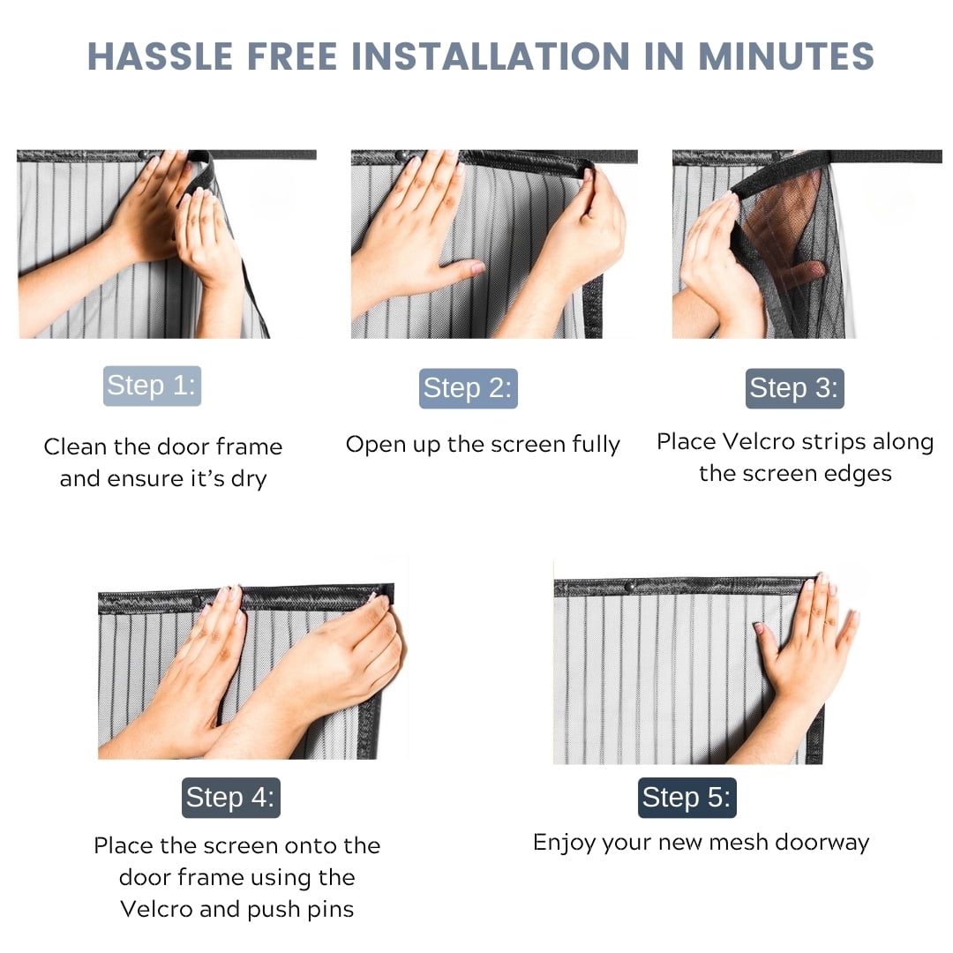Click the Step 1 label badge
pyautogui.click(x=152, y=386)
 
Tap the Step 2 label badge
pyautogui.click(x=468, y=388)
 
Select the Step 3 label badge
pyautogui.click(x=794, y=388)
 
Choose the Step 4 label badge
pyautogui.click(x=231, y=798)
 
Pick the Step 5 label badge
pyautogui.click(x=687, y=798)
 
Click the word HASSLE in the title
pyautogui.click(x=161, y=56)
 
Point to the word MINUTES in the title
pyautogui.click(x=786, y=56)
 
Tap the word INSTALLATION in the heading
pyautogui.click(x=491, y=56)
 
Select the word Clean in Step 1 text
pyautogui.click(x=75, y=446)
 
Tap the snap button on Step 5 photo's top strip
pyautogui.click(x=630, y=587)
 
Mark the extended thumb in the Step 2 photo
pyautogui.click(x=461, y=267)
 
